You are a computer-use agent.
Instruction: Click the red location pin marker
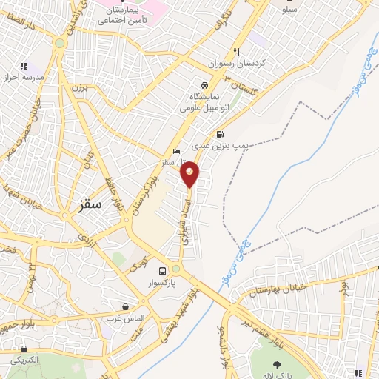[190, 173]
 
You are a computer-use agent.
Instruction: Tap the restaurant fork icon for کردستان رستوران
[236, 53]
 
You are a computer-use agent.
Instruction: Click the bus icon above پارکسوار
[162, 271]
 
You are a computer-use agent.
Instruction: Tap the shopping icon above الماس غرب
[125, 306]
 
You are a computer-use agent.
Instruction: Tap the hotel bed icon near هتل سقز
[175, 150]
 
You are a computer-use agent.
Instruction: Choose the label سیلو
[288, 10]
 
